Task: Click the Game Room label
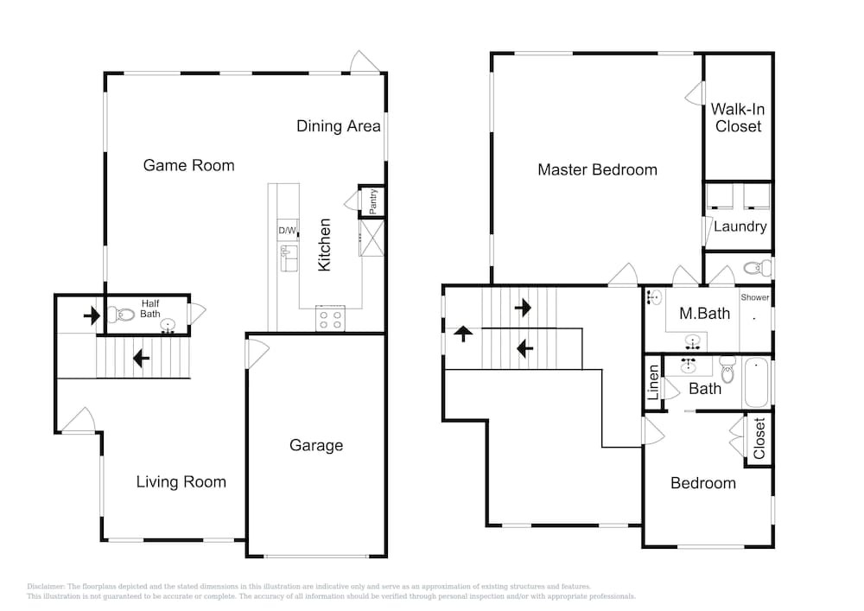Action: pyautogui.click(x=188, y=165)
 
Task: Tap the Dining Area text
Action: pyautogui.click(x=339, y=126)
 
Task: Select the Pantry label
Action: pyautogui.click(x=373, y=201)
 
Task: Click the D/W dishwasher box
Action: pyautogui.click(x=287, y=230)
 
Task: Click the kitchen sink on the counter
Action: pyautogui.click(x=289, y=258)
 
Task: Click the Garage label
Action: pyautogui.click(x=316, y=445)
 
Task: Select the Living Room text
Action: pyautogui.click(x=181, y=482)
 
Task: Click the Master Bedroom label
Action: pyautogui.click(x=597, y=169)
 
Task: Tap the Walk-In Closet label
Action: pyautogui.click(x=738, y=118)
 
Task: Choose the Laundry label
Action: pyautogui.click(x=740, y=226)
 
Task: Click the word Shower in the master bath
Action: pyautogui.click(x=754, y=297)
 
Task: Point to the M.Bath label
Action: pyautogui.click(x=704, y=314)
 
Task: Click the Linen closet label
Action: pyautogui.click(x=653, y=382)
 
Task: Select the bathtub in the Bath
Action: pyautogui.click(x=757, y=382)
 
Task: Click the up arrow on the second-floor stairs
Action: pyautogui.click(x=463, y=334)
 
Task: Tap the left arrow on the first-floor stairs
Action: pyautogui.click(x=141, y=360)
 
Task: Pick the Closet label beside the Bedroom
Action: pyautogui.click(x=759, y=438)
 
